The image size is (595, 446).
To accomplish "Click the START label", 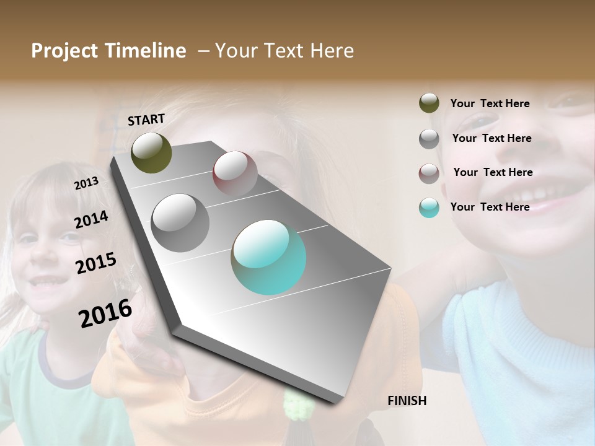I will [146, 120].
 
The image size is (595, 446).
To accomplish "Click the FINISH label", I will [407, 401].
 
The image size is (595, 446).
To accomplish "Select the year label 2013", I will [86, 183].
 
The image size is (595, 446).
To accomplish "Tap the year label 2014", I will [91, 220].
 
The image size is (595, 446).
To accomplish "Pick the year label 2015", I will [96, 263].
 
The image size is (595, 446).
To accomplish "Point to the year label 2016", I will [105, 313].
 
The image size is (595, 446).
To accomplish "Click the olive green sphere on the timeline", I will [151, 152].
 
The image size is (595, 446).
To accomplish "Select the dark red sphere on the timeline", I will [235, 173].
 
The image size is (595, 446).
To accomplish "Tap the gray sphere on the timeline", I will [180, 223].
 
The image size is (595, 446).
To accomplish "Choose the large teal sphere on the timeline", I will [268, 257].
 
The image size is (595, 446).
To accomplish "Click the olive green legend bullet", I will [429, 103].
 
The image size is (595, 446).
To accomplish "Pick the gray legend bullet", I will [429, 138].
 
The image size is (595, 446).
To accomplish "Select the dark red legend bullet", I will [429, 173].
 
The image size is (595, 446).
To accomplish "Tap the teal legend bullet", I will [429, 208].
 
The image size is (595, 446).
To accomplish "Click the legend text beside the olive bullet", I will [490, 103].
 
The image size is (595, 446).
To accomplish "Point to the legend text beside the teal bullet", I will [490, 207].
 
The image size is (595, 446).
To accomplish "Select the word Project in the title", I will [65, 51].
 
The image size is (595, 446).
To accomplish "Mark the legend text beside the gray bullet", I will [491, 138].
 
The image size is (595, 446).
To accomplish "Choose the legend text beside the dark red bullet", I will [493, 172].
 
